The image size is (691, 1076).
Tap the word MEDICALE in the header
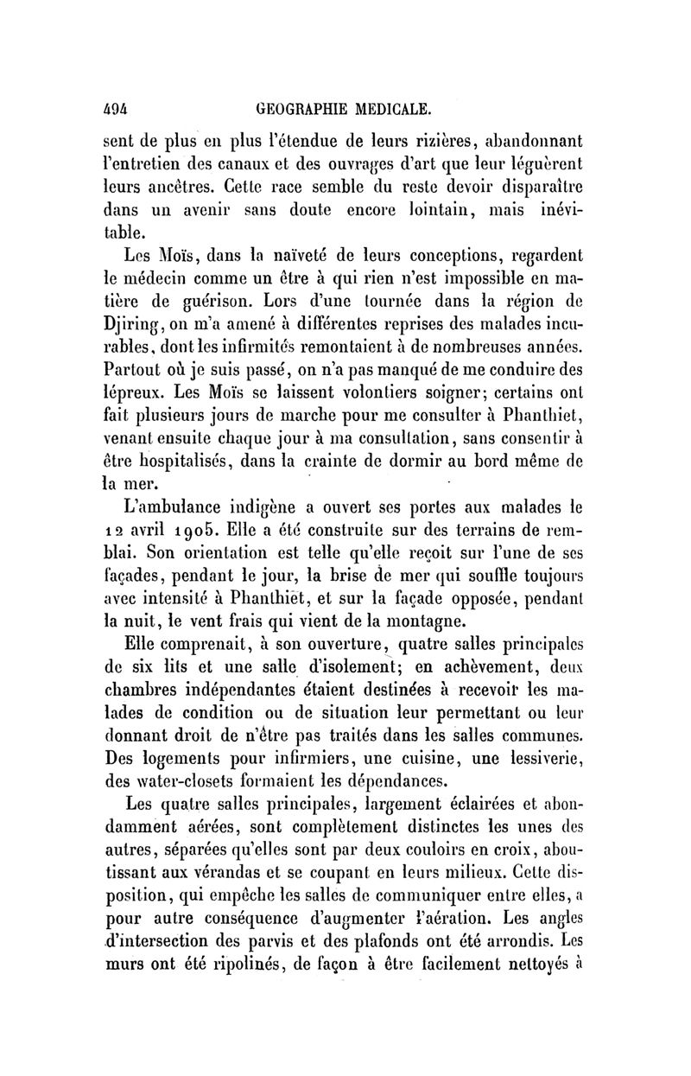pyautogui.click(x=396, y=110)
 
